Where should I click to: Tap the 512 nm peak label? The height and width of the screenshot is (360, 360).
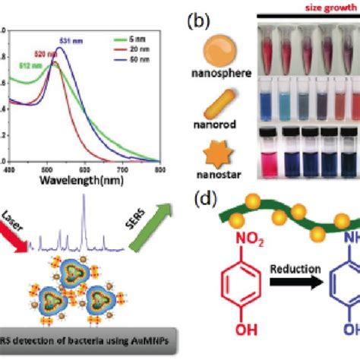[18, 65]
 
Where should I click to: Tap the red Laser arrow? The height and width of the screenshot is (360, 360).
[16, 228]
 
